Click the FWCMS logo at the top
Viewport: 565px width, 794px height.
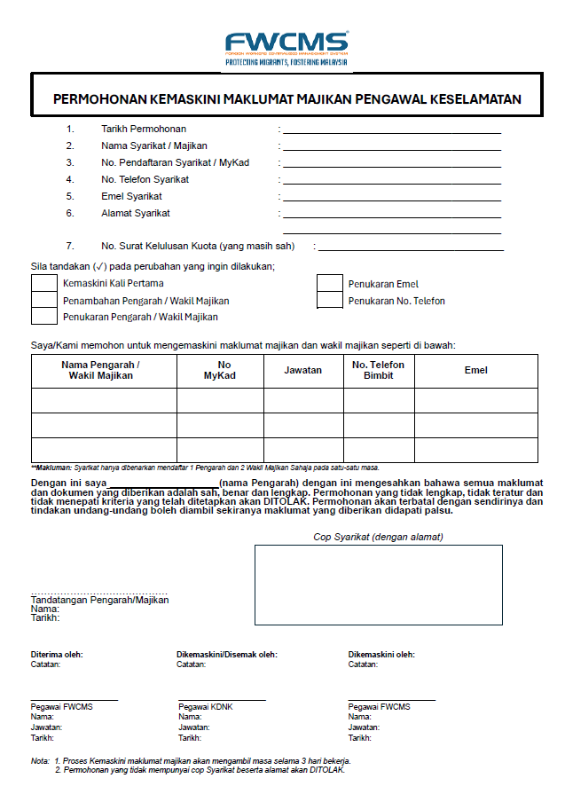point(286,44)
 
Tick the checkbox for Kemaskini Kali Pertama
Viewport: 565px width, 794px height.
point(43,284)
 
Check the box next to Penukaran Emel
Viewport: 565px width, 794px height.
point(329,284)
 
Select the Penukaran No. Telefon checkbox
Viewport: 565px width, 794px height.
point(329,301)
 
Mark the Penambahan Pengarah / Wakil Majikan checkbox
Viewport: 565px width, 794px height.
point(43,301)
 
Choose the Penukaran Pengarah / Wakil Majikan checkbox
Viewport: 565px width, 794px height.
point(43,317)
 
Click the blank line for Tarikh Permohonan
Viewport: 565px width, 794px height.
point(391,131)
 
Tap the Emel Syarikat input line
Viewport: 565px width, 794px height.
point(391,199)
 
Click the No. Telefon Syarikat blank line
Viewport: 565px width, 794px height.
point(391,182)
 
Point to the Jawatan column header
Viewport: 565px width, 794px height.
point(302,370)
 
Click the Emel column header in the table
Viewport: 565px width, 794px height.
point(475,370)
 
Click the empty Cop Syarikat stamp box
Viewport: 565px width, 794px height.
point(378,585)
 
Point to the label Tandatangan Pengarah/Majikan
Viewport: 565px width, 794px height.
point(99,600)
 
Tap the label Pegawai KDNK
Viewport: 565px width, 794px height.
point(205,706)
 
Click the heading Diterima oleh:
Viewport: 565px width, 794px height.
point(57,655)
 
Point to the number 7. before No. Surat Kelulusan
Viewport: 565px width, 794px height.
point(69,246)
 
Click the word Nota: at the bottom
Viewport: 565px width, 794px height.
point(40,761)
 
